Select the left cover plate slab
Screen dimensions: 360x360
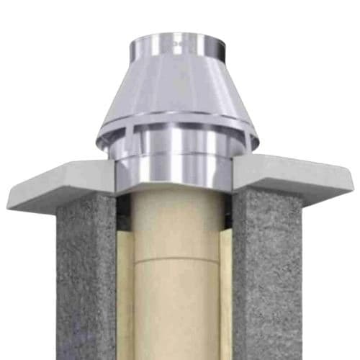[58, 184]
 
